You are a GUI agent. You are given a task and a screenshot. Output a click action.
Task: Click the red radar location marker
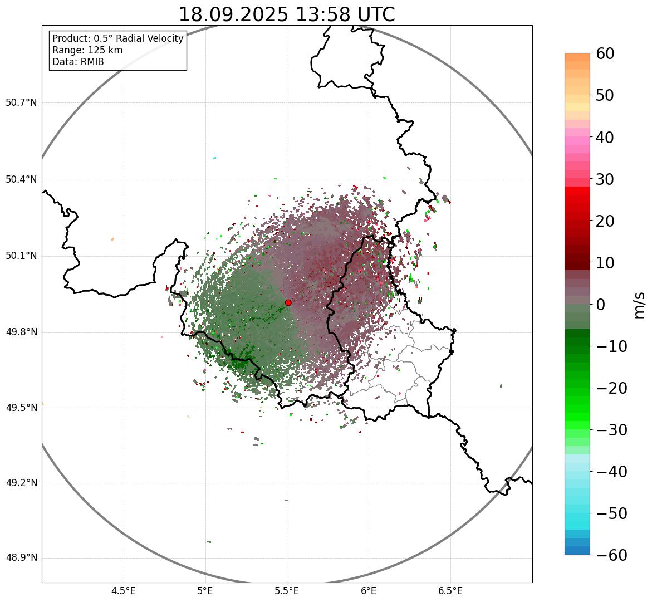[x=288, y=302]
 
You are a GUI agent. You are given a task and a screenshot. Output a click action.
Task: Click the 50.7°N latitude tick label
[x=21, y=102]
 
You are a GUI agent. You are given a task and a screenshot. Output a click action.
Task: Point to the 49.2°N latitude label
[x=21, y=483]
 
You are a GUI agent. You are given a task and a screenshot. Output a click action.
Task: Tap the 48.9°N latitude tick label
[x=21, y=558]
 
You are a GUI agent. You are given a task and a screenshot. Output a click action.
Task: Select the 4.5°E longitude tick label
[x=124, y=591]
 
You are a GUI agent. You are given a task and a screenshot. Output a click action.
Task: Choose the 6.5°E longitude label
[x=450, y=591]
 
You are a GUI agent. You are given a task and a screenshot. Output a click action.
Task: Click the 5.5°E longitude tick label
[x=287, y=591]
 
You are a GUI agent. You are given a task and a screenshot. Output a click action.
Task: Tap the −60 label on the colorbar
[x=611, y=555]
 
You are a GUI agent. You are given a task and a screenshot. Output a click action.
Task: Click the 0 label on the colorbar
[x=601, y=305]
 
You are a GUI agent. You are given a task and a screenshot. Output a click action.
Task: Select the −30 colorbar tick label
[x=611, y=430]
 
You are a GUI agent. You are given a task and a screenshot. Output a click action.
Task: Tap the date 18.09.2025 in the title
[x=233, y=14]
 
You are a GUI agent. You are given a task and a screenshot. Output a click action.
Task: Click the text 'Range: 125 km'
[x=87, y=50]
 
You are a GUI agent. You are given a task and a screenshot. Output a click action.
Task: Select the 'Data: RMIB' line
[x=78, y=62]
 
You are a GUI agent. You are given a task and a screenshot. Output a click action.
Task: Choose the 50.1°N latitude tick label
[x=21, y=256]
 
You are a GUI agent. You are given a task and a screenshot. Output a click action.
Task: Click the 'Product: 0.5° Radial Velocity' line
[x=117, y=38]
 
